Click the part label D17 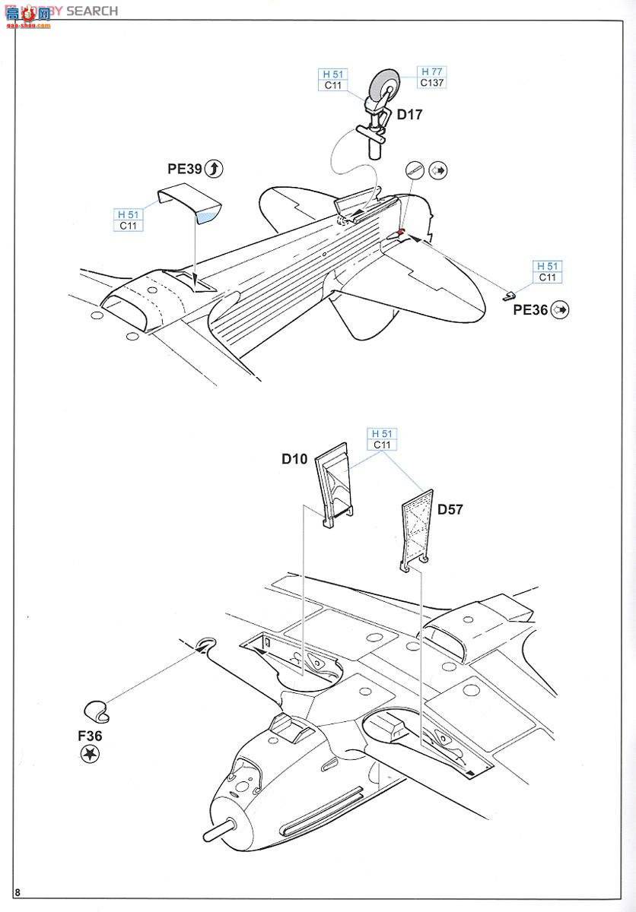coord(409,115)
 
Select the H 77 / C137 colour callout coord(431,77)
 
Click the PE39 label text coord(185,169)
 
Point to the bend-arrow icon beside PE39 coord(215,169)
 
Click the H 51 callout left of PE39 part coord(129,220)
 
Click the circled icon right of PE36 coord(561,309)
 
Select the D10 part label coord(294,458)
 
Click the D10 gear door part coord(335,486)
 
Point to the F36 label coord(89,736)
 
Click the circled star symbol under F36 coord(91,754)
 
